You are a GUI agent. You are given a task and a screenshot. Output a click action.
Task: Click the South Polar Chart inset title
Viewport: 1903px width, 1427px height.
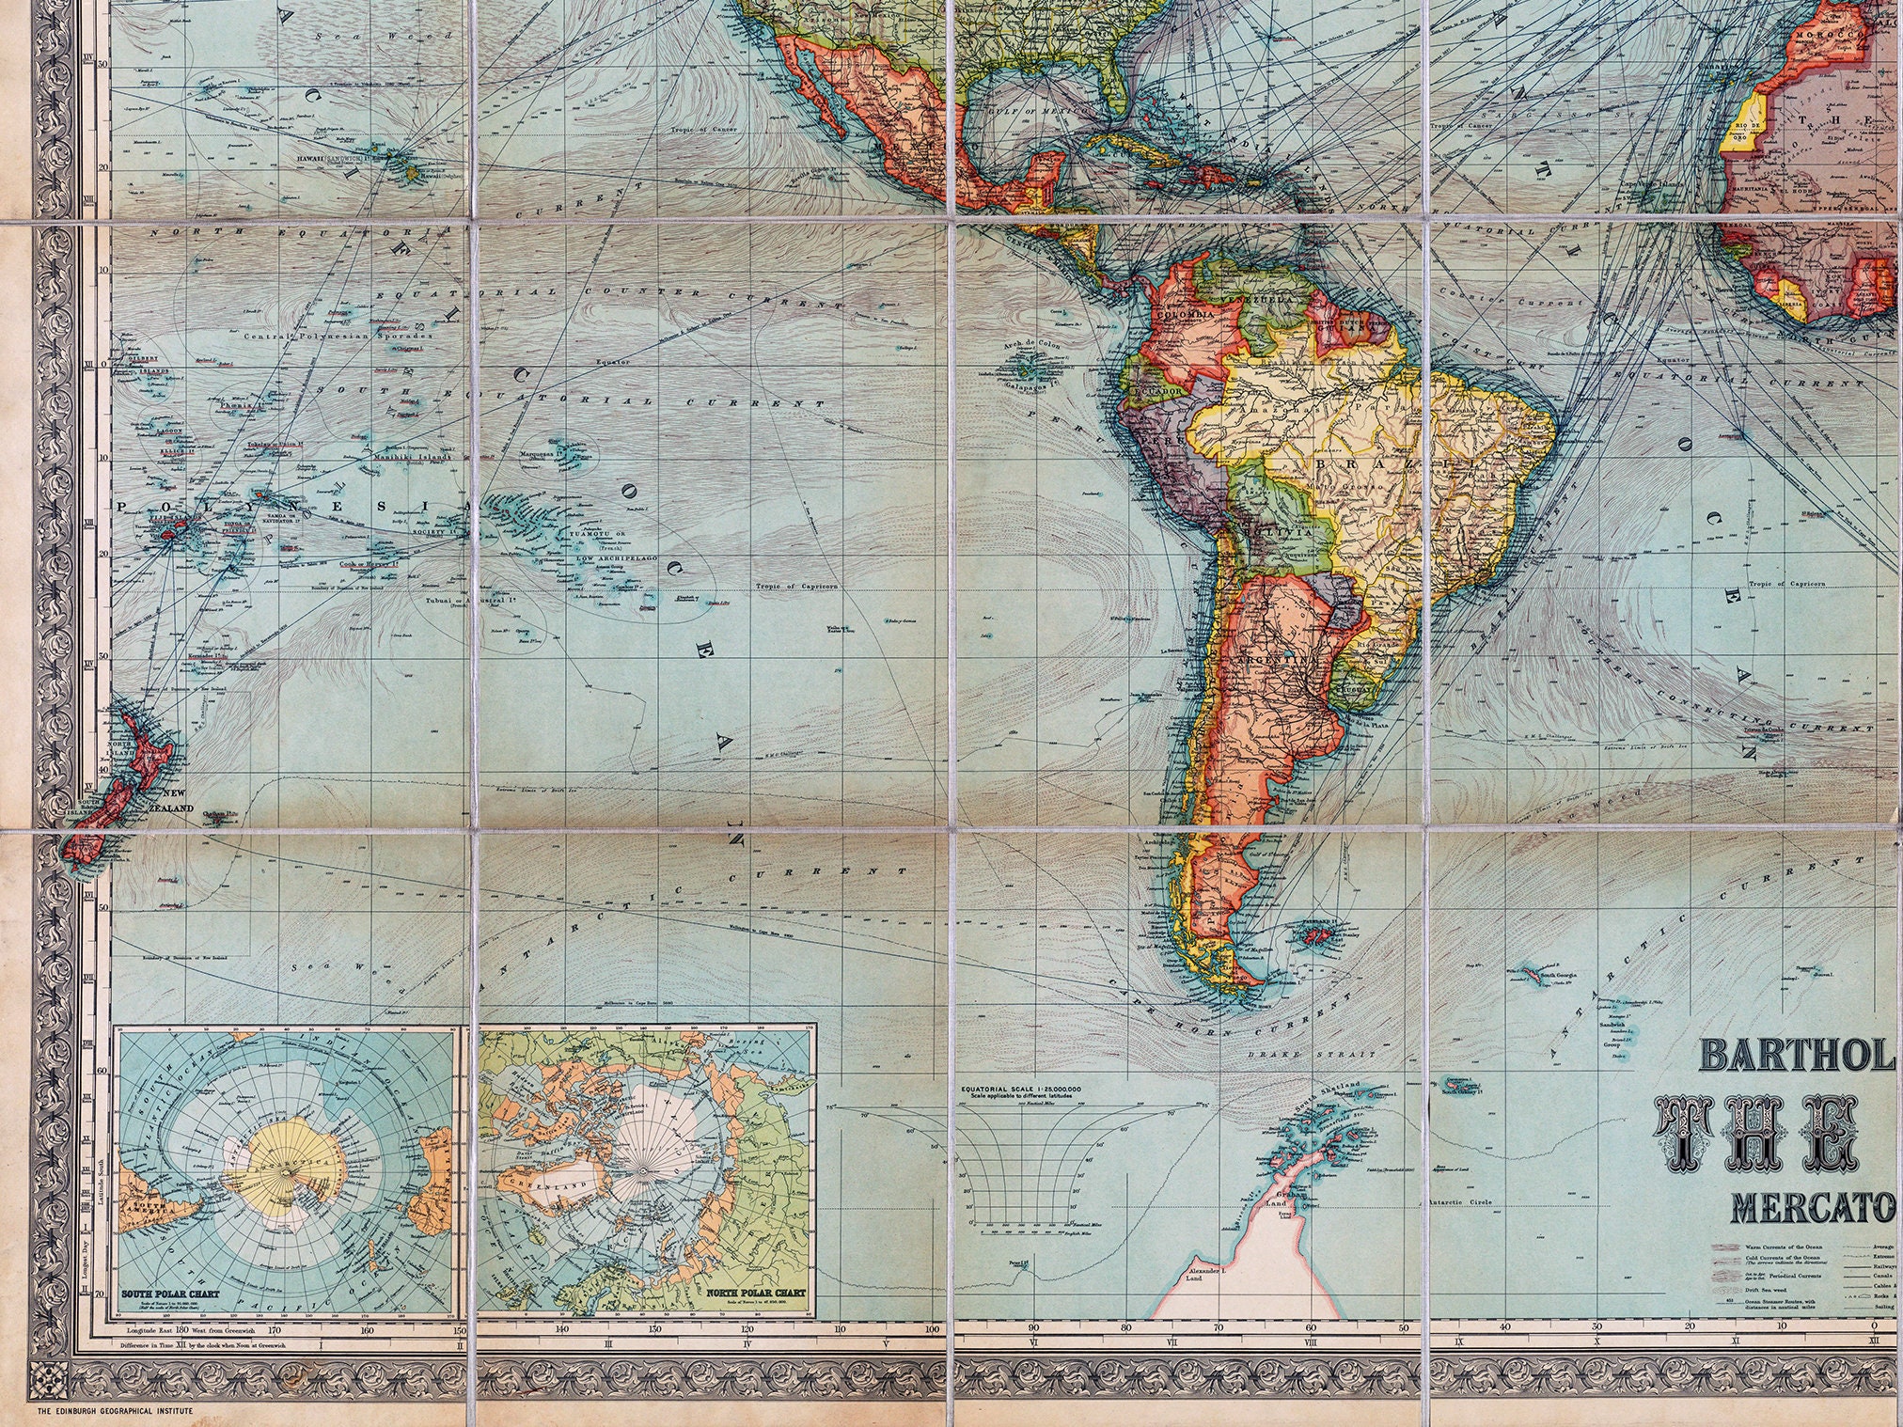click(170, 1294)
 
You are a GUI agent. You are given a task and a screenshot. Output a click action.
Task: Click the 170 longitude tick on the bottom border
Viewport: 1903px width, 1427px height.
click(275, 1330)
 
